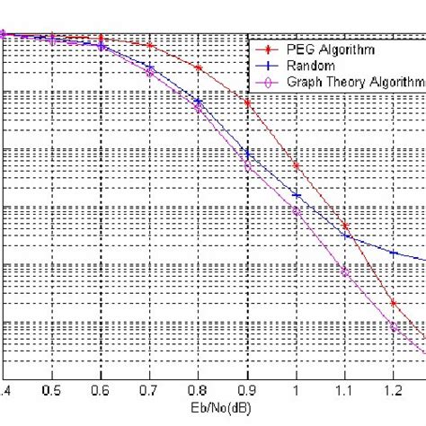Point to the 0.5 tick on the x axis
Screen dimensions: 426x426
click(x=53, y=391)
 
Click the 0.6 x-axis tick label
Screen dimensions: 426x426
click(x=102, y=391)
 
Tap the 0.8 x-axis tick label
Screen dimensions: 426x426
click(x=199, y=391)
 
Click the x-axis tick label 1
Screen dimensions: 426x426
click(x=297, y=391)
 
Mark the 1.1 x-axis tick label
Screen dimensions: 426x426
click(x=345, y=391)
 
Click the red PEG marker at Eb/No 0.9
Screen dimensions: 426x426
click(x=247, y=104)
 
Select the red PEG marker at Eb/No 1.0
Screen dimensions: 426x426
click(x=297, y=164)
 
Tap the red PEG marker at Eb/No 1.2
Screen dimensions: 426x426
click(x=394, y=303)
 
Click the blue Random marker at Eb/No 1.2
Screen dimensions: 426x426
click(x=394, y=253)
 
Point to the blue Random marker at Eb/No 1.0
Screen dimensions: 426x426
click(x=297, y=194)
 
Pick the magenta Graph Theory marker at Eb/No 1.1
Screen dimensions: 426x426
click(x=345, y=269)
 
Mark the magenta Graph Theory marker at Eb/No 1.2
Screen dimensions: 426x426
click(x=394, y=326)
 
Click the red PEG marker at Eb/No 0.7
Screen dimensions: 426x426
click(x=150, y=46)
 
